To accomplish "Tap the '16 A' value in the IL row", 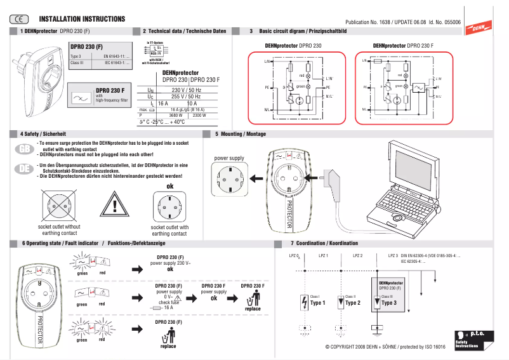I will [x=163, y=103].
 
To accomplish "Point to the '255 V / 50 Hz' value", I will [x=187, y=97].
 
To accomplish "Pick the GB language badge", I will [x=23, y=149].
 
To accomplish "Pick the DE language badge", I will [x=23, y=168].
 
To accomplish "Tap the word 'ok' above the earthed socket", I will [x=169, y=187].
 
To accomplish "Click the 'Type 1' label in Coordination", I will [x=317, y=303].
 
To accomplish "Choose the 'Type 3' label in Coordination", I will [x=389, y=303].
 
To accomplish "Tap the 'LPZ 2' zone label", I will [x=357, y=255].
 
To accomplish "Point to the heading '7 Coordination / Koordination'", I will [x=324, y=243].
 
